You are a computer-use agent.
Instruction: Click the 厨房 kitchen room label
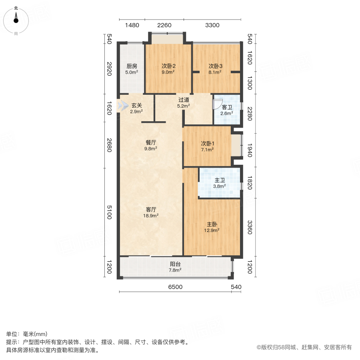132,66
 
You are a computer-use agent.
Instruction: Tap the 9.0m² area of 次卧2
168,72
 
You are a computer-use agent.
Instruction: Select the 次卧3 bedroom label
215,66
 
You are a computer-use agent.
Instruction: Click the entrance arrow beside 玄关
123,106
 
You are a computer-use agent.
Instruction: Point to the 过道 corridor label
184,100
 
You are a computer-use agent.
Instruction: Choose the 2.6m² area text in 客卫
227,113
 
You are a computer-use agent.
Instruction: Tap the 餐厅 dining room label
151,142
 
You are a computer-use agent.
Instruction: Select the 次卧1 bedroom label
208,144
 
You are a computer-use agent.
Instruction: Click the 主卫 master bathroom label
220,180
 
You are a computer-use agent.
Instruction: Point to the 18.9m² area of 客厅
151,216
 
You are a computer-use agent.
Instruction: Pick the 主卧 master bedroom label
212,224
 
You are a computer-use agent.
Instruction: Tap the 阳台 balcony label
175,264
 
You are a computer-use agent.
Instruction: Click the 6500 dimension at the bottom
176,287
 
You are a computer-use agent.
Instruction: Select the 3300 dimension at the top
212,25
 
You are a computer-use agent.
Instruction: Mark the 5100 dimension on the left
110,212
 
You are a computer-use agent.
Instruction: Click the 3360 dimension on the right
250,227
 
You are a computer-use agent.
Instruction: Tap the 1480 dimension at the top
132,25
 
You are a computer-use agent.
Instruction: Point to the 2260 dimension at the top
164,25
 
